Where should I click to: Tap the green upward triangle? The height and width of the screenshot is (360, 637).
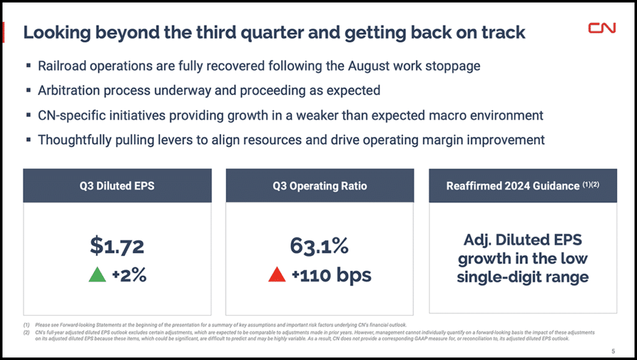coord(97,274)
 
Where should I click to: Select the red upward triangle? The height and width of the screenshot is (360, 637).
coord(276,274)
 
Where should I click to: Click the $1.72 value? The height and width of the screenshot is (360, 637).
coord(117,246)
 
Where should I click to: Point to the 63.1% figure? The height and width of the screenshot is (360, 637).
coord(319,246)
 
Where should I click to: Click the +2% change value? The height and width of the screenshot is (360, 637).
coord(129,275)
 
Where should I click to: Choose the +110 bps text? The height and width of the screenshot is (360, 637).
coord(331,275)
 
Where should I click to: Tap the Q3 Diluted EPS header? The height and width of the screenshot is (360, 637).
coord(117,185)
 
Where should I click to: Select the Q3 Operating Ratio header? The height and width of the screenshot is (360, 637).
coord(320,185)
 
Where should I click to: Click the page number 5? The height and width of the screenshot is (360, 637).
coord(613,349)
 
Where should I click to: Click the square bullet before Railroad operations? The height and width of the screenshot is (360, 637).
coord(29,66)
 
